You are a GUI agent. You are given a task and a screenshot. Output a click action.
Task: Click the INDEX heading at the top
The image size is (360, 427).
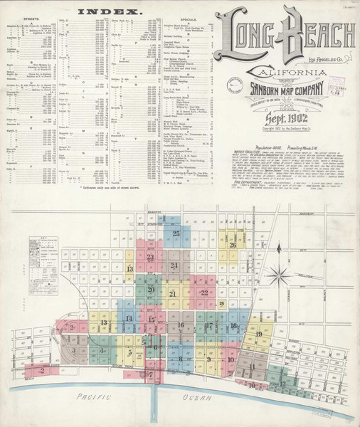coord(107,12)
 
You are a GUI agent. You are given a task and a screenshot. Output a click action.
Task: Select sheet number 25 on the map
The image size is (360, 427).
coord(176,233)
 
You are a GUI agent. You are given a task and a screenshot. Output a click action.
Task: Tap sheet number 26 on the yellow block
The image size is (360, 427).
coord(233,246)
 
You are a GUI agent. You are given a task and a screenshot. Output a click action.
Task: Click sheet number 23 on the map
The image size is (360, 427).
coord(150,258)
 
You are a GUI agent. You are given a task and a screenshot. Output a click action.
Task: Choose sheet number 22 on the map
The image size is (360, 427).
coord(205,292)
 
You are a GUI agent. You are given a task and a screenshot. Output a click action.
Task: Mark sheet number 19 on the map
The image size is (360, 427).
coord(259,334)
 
